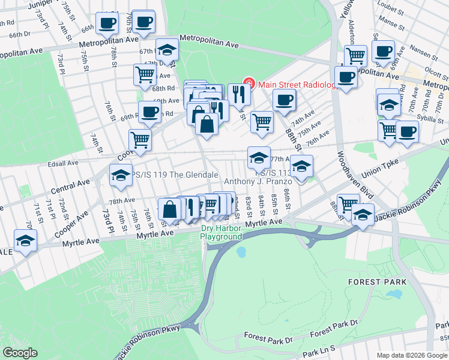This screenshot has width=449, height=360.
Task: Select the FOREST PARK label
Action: coord(381,281)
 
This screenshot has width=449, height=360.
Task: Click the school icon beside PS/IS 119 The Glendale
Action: coord(121,175)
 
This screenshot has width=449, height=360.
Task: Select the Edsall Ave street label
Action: coord(64,163)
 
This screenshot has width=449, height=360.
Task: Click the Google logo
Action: coord(20,353)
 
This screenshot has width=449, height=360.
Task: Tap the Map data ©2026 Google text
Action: coord(411,355)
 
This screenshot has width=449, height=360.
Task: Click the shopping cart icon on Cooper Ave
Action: coord(140,140)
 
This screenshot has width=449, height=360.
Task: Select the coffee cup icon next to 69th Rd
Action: coord(150,111)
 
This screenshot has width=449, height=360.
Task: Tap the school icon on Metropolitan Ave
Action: coord(167,49)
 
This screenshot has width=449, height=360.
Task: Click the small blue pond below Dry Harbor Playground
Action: coord(241,252)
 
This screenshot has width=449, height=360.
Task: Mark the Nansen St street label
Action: coord(424,55)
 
